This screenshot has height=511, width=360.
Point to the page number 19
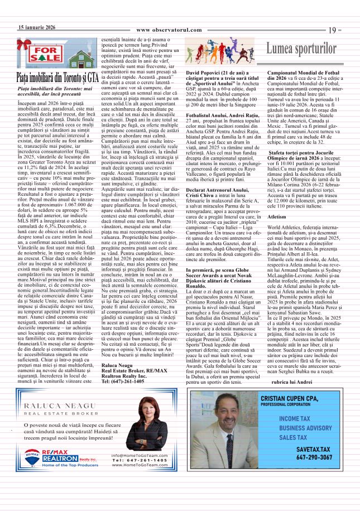click(x=335, y=30)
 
